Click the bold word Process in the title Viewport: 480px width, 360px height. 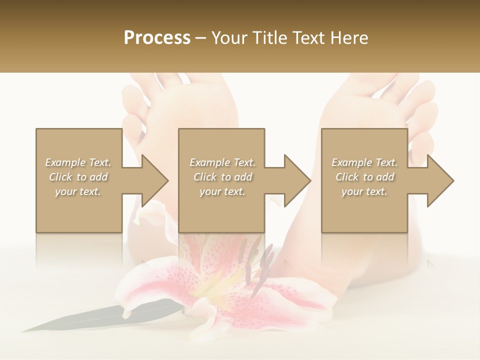click(157, 38)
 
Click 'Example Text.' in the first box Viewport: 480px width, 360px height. click(78, 162)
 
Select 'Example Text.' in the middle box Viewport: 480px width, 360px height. click(222, 162)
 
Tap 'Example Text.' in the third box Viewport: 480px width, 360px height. click(364, 162)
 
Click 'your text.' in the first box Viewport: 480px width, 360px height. click(78, 191)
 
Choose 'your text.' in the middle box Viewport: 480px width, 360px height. click(222, 191)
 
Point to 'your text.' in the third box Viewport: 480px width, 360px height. click(364, 191)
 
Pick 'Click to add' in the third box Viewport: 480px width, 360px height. click(364, 177)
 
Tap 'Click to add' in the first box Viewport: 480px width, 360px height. click(78, 177)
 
